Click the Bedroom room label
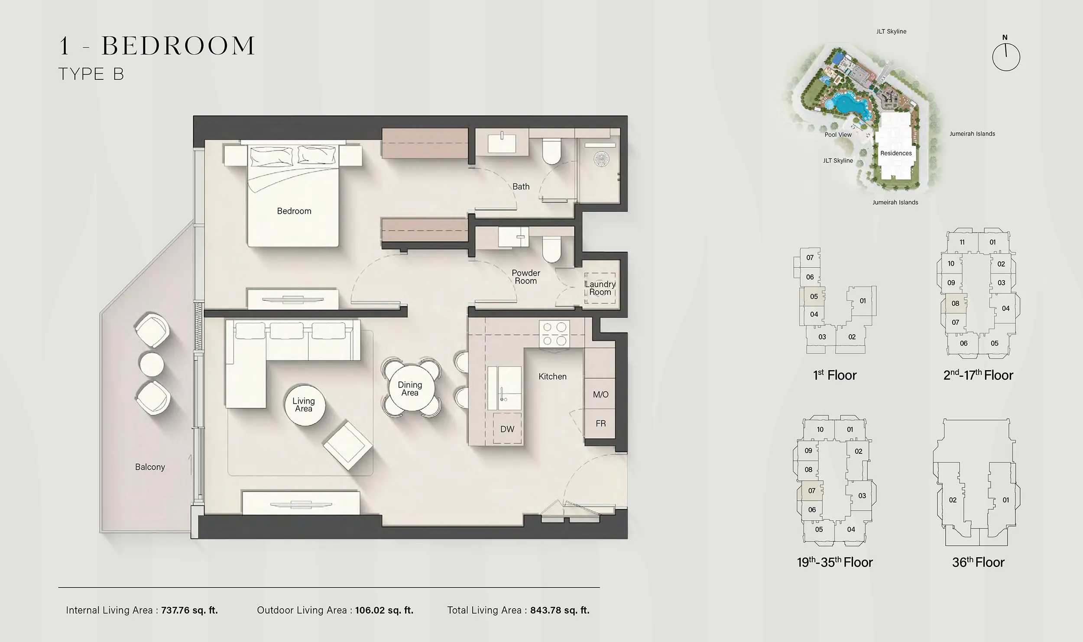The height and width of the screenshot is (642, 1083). tap(294, 211)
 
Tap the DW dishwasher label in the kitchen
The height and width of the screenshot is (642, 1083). tap(507, 429)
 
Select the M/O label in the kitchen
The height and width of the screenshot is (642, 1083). tap(600, 394)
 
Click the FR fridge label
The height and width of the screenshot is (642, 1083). tap(600, 424)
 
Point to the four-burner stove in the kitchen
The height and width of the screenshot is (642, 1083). tap(554, 334)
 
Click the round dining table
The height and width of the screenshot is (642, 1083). tap(410, 389)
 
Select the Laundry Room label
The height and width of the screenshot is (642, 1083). tap(600, 288)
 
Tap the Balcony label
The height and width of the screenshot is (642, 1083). tap(150, 467)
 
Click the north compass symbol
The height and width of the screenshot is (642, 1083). tap(1006, 57)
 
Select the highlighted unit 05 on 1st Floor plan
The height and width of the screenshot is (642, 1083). tap(814, 297)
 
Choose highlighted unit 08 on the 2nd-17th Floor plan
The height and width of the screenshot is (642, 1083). tap(955, 303)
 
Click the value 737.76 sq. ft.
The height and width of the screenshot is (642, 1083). tap(189, 610)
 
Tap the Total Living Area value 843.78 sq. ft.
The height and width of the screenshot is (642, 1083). tap(560, 610)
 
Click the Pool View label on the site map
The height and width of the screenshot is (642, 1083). tap(838, 135)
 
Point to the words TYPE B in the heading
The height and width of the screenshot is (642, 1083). tap(91, 74)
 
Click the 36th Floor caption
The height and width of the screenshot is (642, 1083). tap(978, 563)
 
